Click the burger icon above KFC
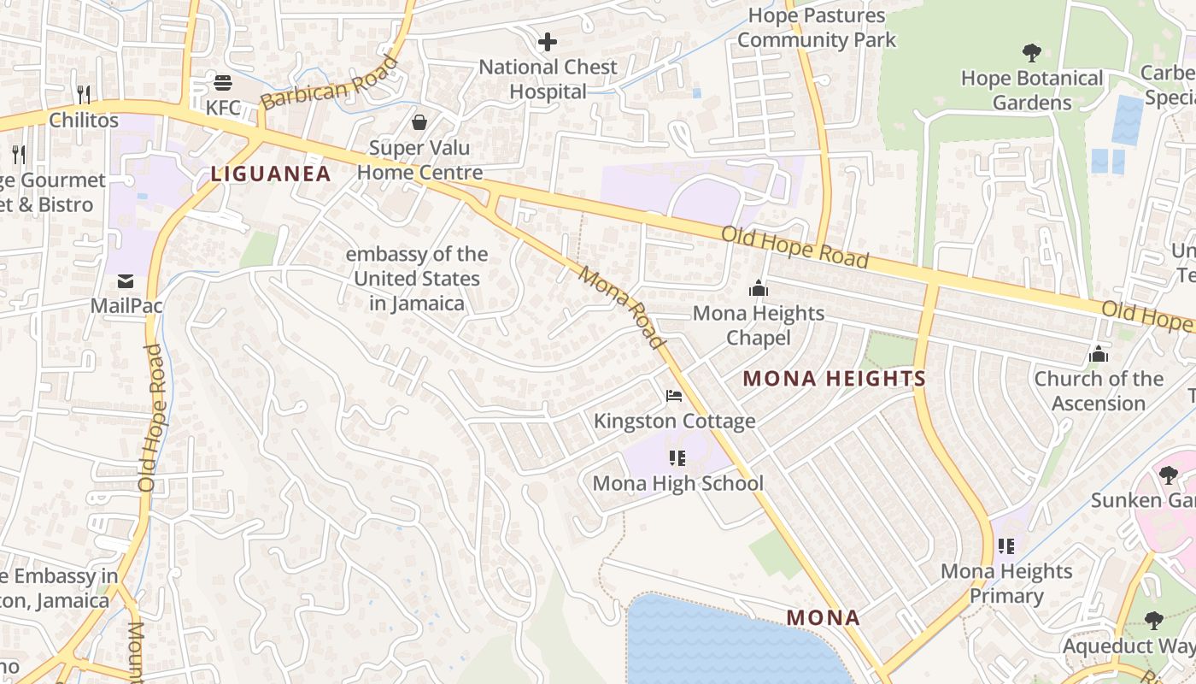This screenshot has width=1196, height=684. coord(223,83)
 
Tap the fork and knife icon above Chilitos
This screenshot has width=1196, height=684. coord(84,94)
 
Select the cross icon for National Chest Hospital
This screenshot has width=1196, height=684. coord(548,41)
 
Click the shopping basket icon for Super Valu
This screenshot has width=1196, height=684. coord(419,122)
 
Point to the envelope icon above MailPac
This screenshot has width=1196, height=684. coord(126,280)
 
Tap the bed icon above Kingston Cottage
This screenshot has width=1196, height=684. coord(674,396)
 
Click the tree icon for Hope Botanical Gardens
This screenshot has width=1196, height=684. coord(1032,53)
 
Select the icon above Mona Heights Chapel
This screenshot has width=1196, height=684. coord(758,289)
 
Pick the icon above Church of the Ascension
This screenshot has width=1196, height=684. coord(1099,354)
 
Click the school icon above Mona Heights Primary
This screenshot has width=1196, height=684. coord(1006,545)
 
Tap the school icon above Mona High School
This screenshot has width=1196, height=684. coord(677,458)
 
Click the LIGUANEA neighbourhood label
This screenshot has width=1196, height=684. coord(271,174)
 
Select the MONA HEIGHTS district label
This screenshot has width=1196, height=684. coord(835,379)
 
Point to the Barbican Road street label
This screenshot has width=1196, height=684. coord(329,83)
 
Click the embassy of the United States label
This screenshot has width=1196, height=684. coord(417,279)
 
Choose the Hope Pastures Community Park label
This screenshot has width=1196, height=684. coord(817,27)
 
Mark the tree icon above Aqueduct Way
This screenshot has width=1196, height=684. coord(1154,621)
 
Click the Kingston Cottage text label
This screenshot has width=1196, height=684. coord(674,421)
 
